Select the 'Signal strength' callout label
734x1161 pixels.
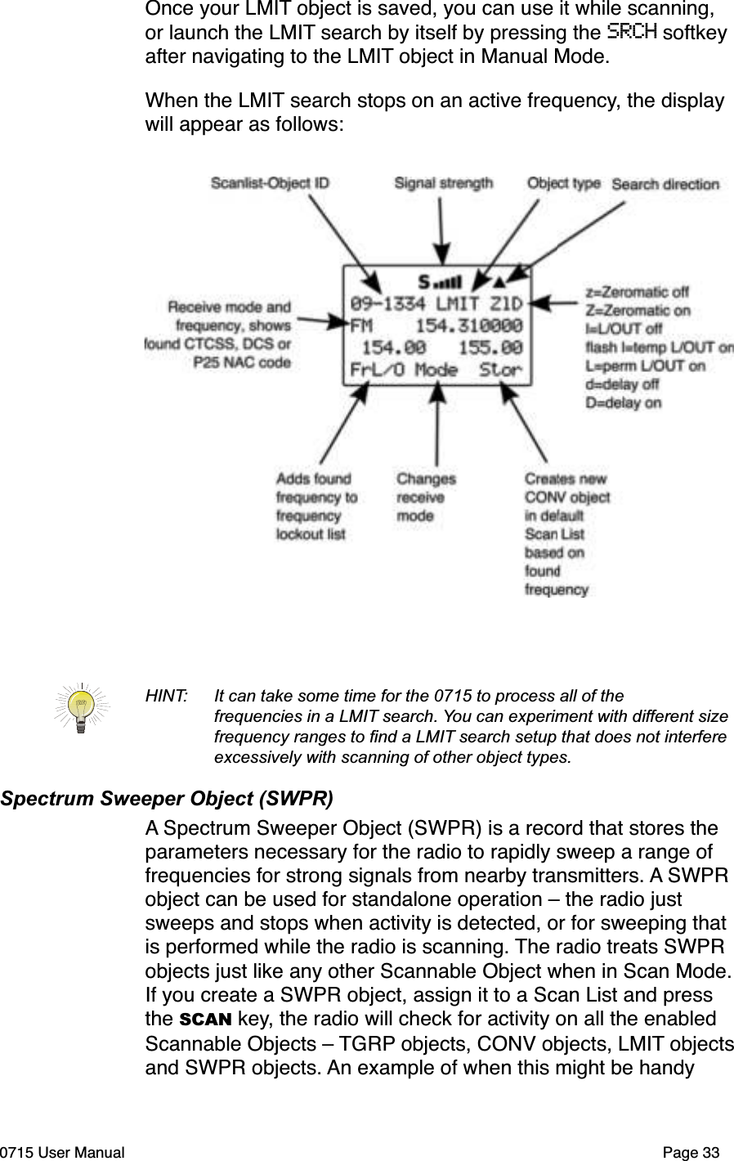[443, 184]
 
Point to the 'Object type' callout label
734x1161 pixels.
[563, 184]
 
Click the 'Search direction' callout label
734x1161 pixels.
[665, 185]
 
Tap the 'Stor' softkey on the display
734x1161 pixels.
[499, 370]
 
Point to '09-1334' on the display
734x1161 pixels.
[387, 303]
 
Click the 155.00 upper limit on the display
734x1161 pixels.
[490, 347]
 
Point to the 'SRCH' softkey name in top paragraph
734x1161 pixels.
[633, 33]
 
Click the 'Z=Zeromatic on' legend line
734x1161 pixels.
[638, 311]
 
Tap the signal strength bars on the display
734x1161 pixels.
[447, 283]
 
